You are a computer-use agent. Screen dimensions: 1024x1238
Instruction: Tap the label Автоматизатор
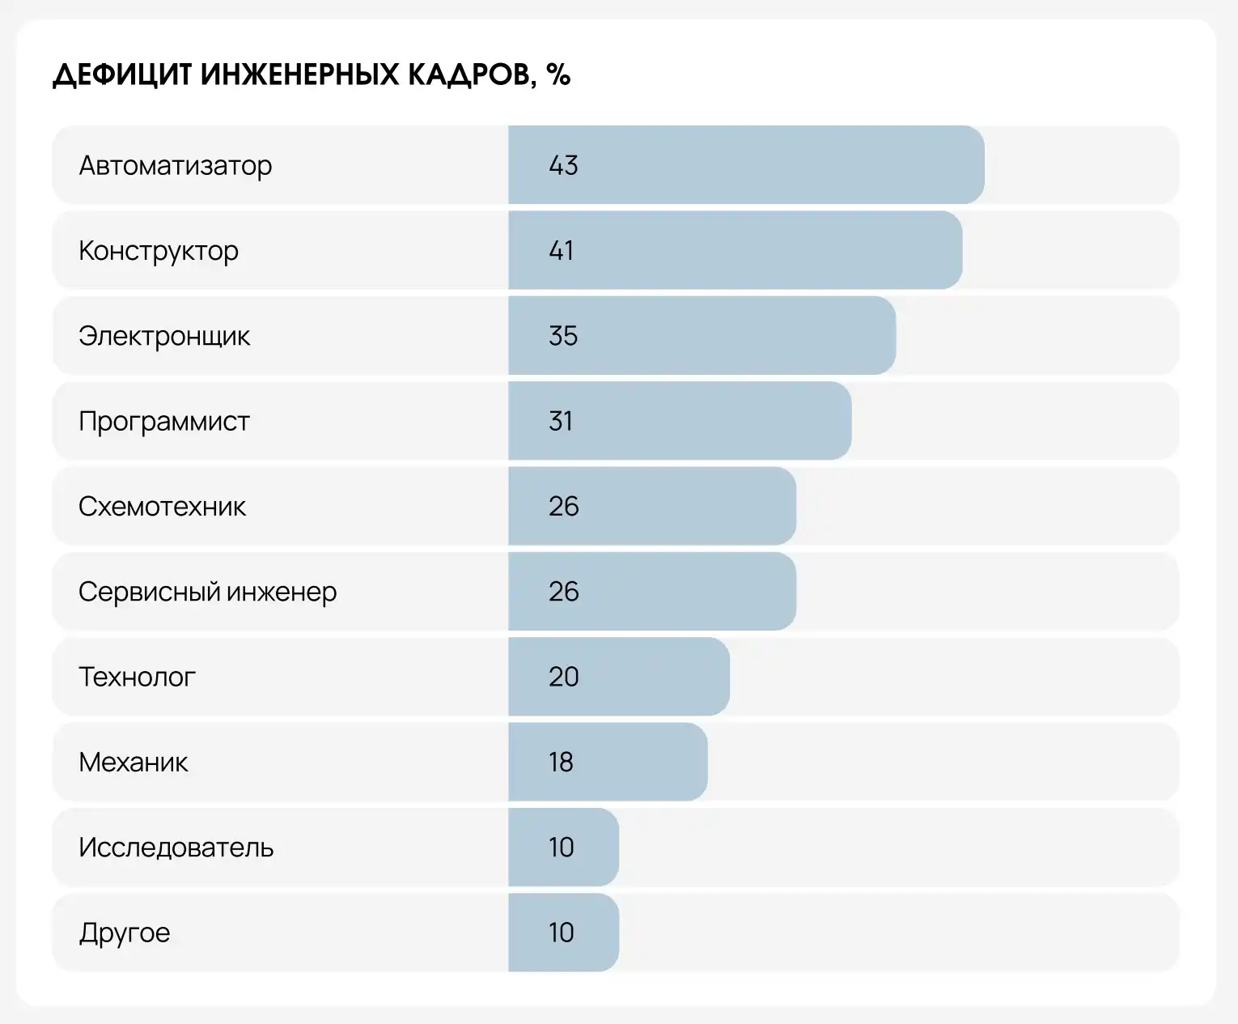coord(175,166)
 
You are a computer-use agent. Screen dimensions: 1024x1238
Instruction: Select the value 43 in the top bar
coord(563,165)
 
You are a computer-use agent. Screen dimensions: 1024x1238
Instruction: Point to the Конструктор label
coord(159,251)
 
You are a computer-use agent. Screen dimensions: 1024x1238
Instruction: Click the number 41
coord(562,251)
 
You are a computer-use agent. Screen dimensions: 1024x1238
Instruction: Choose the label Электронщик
coord(164,336)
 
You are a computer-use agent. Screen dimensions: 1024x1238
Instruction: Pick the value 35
coord(563,336)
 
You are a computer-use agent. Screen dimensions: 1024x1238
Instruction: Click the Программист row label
coord(164,422)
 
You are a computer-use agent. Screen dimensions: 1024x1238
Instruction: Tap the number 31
coord(561,421)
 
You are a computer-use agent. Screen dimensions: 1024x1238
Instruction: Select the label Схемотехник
coord(162,507)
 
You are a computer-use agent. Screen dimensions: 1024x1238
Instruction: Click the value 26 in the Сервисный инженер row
coord(563,592)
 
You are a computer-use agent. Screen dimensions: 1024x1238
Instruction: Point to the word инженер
coord(282,593)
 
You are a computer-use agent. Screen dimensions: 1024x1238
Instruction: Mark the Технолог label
coord(137,677)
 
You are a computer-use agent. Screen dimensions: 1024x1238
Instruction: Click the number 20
coord(563,677)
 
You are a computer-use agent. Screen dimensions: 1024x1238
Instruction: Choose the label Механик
coord(134,763)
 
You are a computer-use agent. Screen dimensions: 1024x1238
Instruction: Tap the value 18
coord(561,763)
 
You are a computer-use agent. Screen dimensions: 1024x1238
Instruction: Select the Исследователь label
coord(176,848)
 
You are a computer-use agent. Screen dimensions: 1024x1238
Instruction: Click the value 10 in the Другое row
coord(561,933)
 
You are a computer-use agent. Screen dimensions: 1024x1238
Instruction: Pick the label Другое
coord(125,933)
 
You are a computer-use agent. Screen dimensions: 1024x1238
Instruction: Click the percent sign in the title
coord(558,75)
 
